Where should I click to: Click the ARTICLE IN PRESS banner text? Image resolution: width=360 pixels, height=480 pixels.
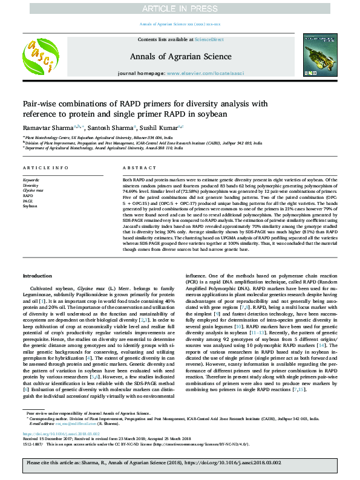[x=179, y=8]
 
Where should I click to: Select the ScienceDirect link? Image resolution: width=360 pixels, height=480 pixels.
[x=209, y=39]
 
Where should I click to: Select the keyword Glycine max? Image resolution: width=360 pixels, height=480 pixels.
[x=33, y=190]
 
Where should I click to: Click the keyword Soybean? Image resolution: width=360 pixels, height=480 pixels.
[x=30, y=206]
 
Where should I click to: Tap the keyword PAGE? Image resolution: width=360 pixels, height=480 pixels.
[x=28, y=201]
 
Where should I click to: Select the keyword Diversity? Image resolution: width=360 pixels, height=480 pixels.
[x=31, y=185]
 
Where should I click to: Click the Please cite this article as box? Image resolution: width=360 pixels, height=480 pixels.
[x=180, y=464]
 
